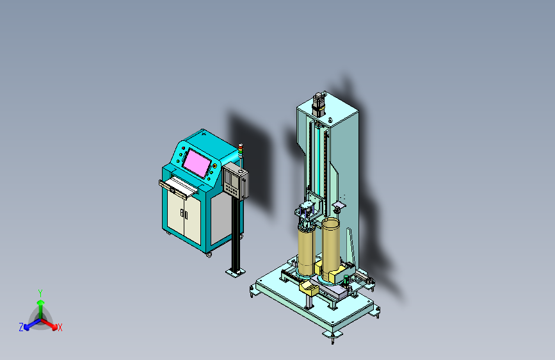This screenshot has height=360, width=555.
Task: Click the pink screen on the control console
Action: [x=197, y=163]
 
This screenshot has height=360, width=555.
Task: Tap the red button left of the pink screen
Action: [x=183, y=148]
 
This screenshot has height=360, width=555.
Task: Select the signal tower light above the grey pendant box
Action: [x=241, y=149]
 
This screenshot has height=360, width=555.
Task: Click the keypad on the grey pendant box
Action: [x=232, y=190]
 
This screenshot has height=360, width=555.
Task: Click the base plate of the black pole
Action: [x=236, y=272]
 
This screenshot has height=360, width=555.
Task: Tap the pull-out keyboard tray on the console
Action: [x=178, y=188]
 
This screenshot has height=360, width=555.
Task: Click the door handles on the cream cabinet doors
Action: [x=184, y=214]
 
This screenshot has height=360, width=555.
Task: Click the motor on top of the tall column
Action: [x=319, y=104]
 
